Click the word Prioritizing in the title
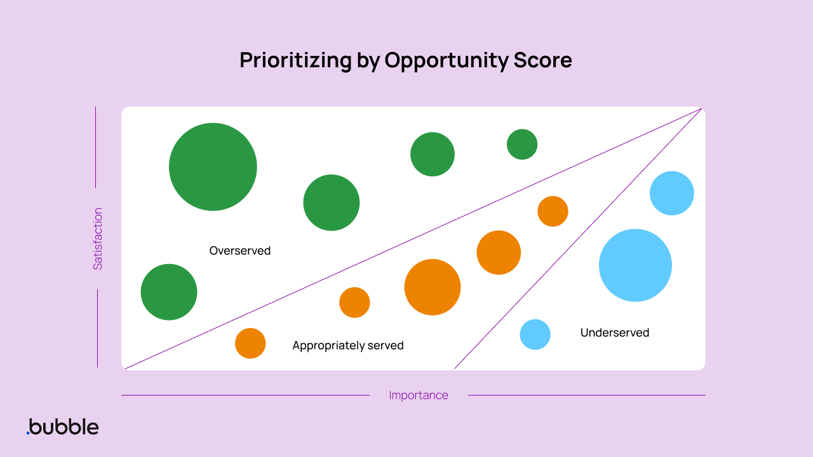pyautogui.click(x=295, y=60)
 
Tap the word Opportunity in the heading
pyautogui.click(x=447, y=60)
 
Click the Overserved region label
pyautogui.click(x=240, y=251)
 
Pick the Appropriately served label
pyautogui.click(x=348, y=345)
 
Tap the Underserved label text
pyautogui.click(x=615, y=333)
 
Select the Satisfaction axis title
pyautogui.click(x=98, y=239)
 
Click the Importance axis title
pyautogui.click(x=419, y=395)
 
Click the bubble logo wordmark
pyautogui.click(x=64, y=427)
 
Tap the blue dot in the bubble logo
pyautogui.click(x=28, y=433)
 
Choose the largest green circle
pyautogui.click(x=213, y=167)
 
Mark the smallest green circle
pyautogui.click(x=522, y=144)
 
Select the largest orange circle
pyautogui.click(x=433, y=287)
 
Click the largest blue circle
pyautogui.click(x=635, y=265)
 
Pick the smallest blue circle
pyautogui.click(x=535, y=334)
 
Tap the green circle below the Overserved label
pyautogui.click(x=169, y=292)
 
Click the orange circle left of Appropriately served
pyautogui.click(x=250, y=343)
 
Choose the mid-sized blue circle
pyautogui.click(x=672, y=193)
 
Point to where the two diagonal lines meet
pyautogui.click(x=701, y=109)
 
